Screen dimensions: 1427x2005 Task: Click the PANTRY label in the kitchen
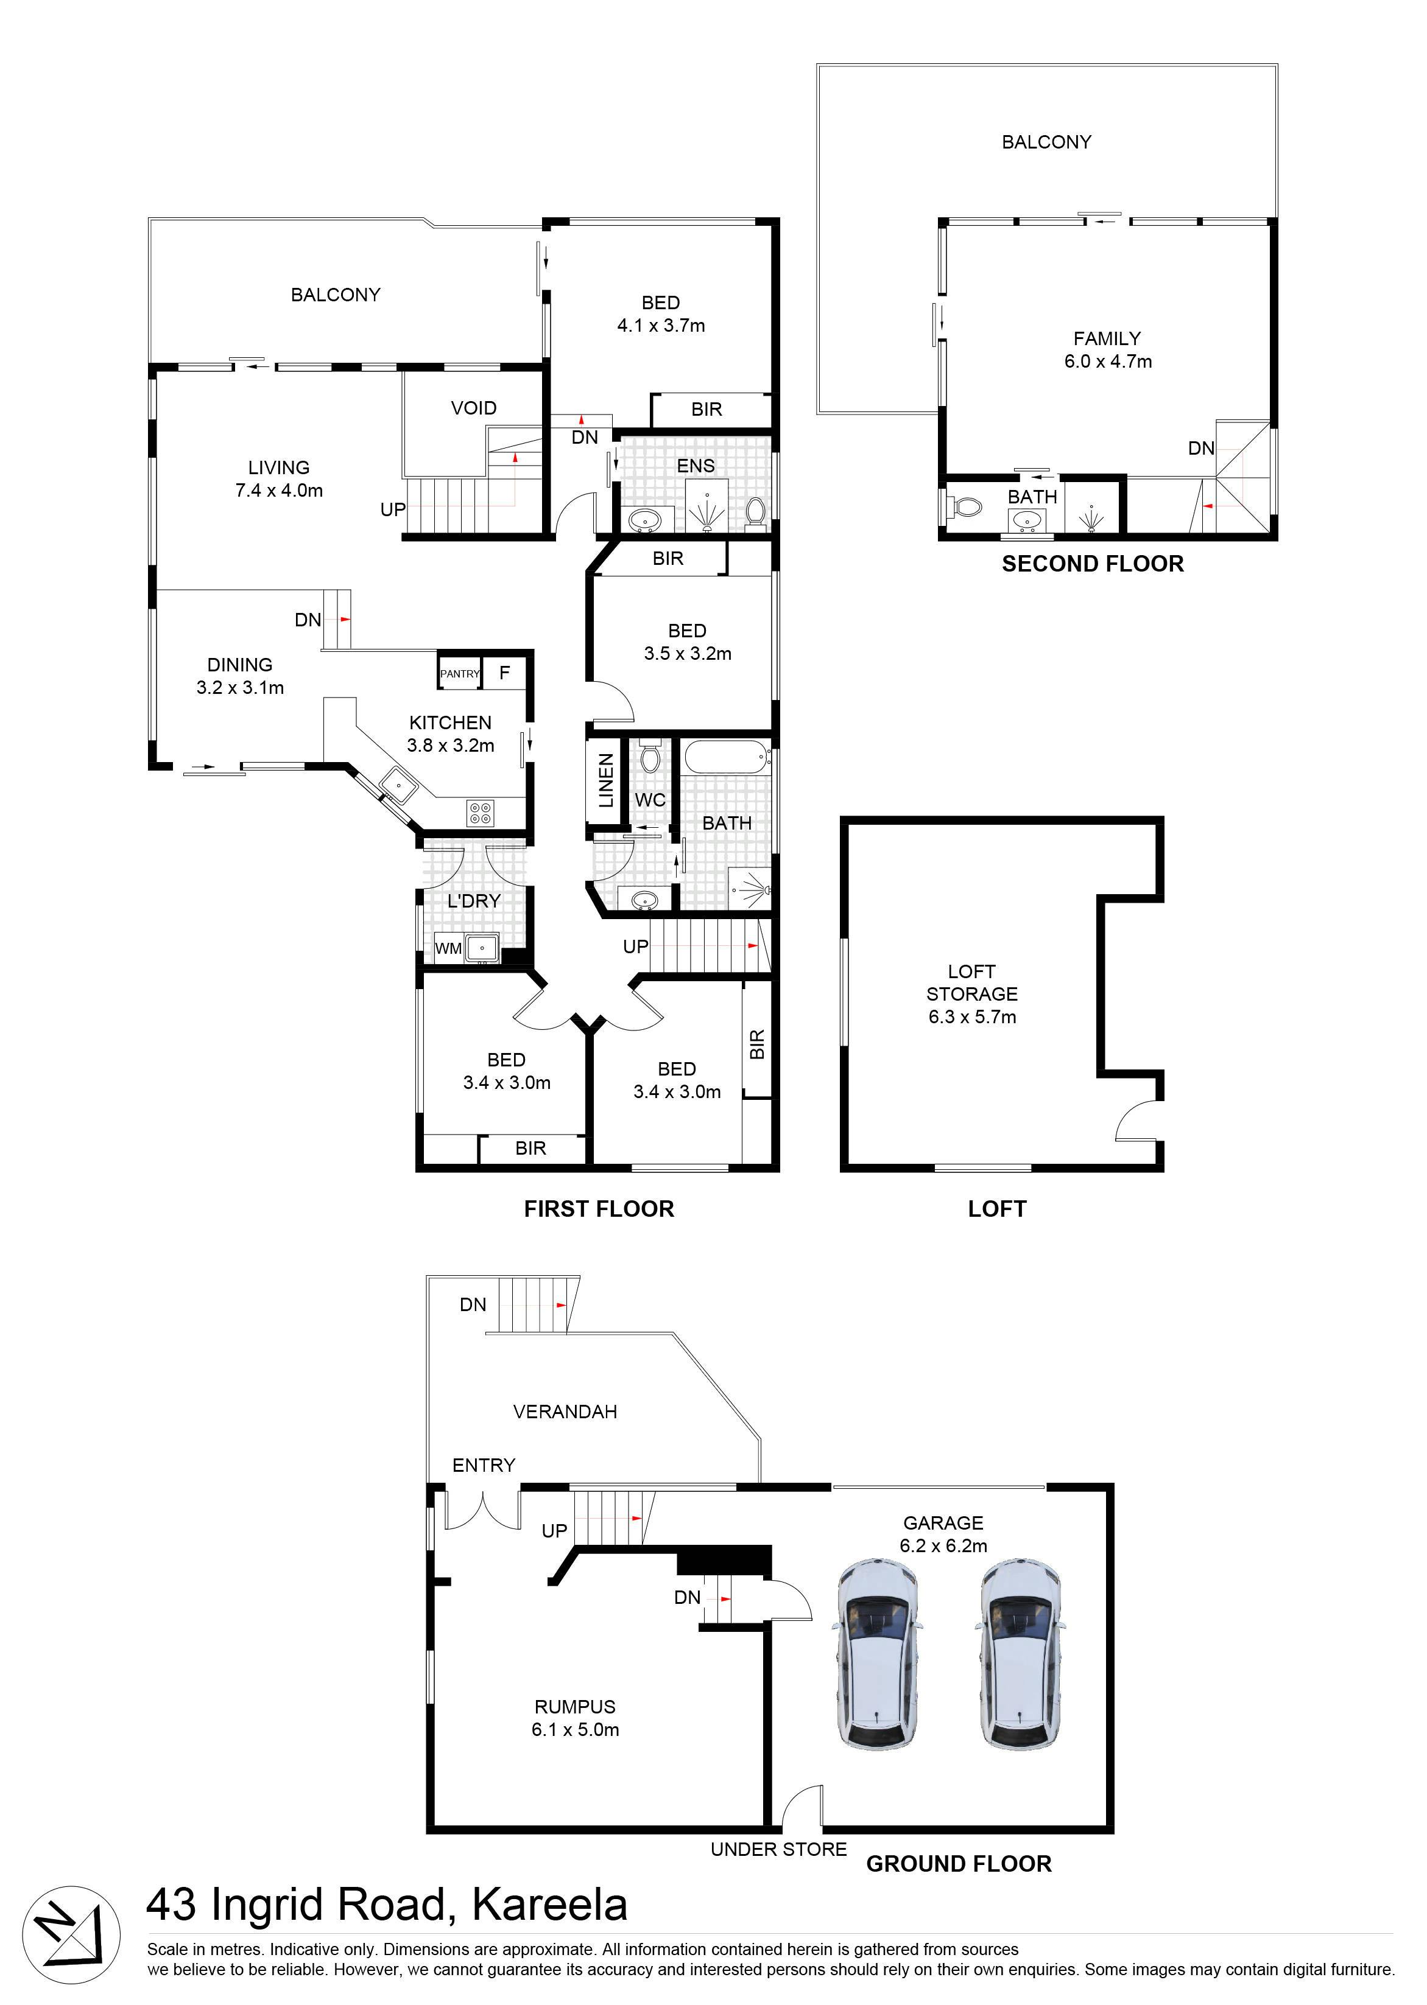(460, 674)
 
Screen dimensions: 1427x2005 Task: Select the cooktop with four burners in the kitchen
(481, 813)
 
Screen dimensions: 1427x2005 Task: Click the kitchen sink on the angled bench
(398, 784)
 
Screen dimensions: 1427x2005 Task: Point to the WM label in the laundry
(448, 948)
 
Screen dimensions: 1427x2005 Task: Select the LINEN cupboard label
(605, 780)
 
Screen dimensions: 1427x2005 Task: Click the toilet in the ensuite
(755, 512)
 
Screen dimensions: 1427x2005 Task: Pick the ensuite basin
(646, 520)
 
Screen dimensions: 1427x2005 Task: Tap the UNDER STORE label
(778, 1850)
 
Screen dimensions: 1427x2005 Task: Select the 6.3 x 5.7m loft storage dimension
(972, 1017)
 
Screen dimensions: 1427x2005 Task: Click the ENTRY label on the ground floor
(484, 1465)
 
